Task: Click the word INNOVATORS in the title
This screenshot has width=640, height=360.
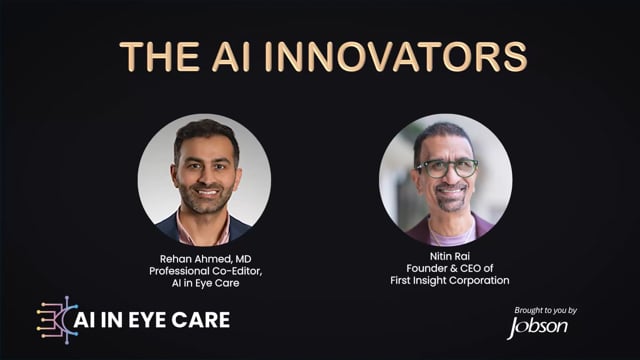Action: [396, 57]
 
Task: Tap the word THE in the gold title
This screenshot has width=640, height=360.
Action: [159, 57]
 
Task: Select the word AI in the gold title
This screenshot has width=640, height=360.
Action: [231, 57]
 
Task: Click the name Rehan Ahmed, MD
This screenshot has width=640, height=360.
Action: [205, 259]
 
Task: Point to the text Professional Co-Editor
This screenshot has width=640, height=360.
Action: [205, 271]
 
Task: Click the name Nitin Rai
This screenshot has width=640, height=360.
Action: [449, 256]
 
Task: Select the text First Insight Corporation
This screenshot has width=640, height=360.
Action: [449, 280]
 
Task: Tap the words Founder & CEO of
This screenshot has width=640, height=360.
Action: [449, 268]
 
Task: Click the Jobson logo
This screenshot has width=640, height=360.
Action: [537, 327]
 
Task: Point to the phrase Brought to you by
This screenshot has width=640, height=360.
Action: [545, 311]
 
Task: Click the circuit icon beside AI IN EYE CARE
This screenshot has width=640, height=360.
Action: [57, 320]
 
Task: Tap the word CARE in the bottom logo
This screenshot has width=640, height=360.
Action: [200, 320]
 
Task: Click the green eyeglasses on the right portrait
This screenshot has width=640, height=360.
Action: [447, 168]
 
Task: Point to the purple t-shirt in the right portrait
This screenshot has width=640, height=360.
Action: [451, 237]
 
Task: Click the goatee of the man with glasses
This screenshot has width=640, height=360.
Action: [451, 199]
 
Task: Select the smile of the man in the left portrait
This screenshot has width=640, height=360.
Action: [207, 192]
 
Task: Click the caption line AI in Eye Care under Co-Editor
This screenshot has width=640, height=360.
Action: [205, 283]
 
